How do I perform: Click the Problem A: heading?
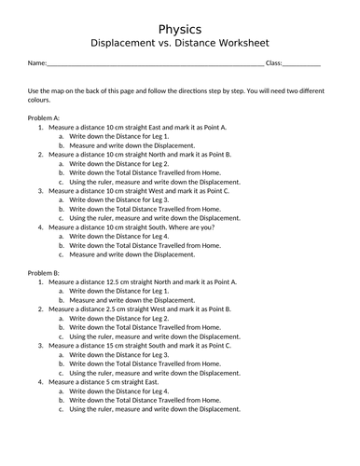(44, 118)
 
